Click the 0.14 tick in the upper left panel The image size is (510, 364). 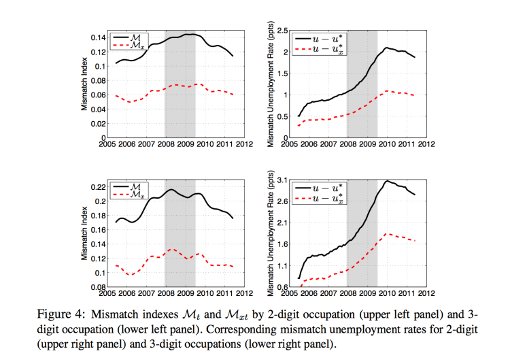[x=97, y=37]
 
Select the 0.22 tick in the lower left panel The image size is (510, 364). [x=97, y=187]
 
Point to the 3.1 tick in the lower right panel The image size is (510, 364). [x=284, y=180]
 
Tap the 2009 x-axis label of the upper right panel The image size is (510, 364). [x=368, y=144]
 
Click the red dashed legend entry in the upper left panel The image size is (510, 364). [x=132, y=46]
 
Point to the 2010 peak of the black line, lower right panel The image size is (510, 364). [x=387, y=181]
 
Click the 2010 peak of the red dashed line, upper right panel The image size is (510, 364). [x=387, y=90]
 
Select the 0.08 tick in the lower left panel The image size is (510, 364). [x=97, y=286]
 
